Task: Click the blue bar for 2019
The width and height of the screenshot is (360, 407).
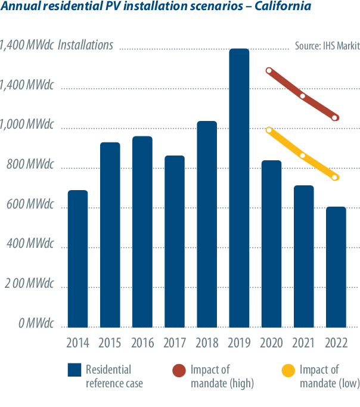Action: point(239,188)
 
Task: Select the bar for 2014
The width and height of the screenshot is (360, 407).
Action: point(77,259)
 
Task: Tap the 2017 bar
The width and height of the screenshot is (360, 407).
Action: point(174,241)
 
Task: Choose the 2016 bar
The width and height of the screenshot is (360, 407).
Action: point(142,232)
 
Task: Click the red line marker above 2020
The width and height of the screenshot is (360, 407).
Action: point(269,70)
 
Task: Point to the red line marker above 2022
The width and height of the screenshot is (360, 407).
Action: point(335,118)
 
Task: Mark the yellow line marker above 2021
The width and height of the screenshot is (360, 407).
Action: point(303,156)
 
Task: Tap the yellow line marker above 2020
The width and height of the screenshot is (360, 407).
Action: point(269,130)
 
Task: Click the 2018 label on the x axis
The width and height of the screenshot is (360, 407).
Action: point(207,343)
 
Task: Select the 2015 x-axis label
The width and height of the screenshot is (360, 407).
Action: point(110,343)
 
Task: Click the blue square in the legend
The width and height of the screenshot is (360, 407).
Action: point(75,370)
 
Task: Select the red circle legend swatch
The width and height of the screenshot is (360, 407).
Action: point(179,370)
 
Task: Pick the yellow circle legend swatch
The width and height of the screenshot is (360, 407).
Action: point(289,370)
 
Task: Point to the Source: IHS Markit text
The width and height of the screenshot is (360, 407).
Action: point(327,46)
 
